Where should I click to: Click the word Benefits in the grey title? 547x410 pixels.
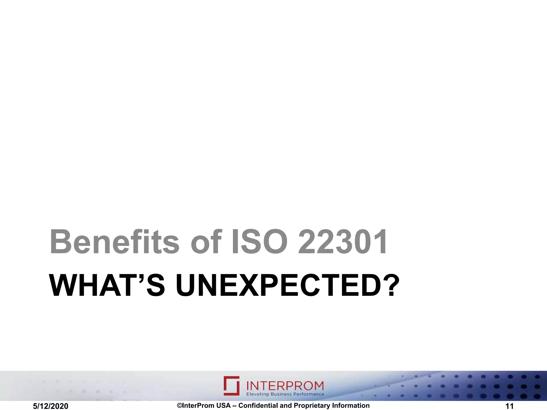(x=114, y=242)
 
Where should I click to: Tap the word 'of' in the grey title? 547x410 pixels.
(x=206, y=242)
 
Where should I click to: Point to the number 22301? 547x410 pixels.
(x=343, y=242)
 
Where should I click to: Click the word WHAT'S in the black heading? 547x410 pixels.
(x=107, y=285)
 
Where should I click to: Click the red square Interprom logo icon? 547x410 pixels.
(x=232, y=386)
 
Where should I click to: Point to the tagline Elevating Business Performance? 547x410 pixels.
(x=285, y=394)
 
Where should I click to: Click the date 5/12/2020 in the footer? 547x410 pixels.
(x=50, y=406)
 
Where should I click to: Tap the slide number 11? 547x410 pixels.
(x=510, y=406)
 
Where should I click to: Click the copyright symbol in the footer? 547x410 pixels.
(x=179, y=405)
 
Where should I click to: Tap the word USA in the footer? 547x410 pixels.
(x=223, y=405)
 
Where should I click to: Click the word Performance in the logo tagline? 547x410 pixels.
(x=308, y=394)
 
